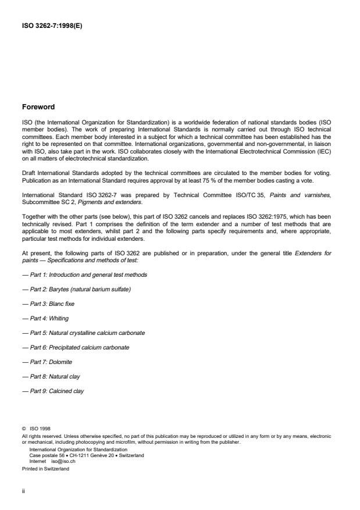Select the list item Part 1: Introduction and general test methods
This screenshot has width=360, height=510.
pyautogui.click(x=84, y=274)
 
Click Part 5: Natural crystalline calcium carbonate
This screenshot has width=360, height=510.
pyautogui.click(x=83, y=333)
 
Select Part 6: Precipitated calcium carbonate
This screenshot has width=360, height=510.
pyautogui.click(x=76, y=347)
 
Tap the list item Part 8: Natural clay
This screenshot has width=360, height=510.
pyautogui.click(x=51, y=376)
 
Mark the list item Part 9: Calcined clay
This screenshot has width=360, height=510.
pyautogui.click(x=53, y=391)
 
